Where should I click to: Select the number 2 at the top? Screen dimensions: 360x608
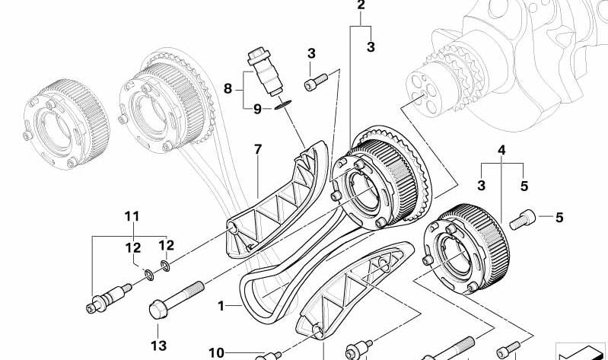click(361, 6)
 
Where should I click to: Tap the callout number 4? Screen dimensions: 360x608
click(501, 151)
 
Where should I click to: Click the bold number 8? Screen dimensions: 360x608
click(227, 89)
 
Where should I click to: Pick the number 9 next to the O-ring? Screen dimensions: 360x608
click(257, 109)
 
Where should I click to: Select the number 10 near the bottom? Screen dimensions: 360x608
click(218, 352)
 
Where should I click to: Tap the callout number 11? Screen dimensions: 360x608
click(132, 217)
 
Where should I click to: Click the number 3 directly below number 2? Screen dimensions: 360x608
click(371, 47)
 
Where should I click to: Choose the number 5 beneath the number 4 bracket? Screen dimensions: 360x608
click(524, 185)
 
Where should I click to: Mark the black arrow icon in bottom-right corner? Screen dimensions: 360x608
click(581, 349)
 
